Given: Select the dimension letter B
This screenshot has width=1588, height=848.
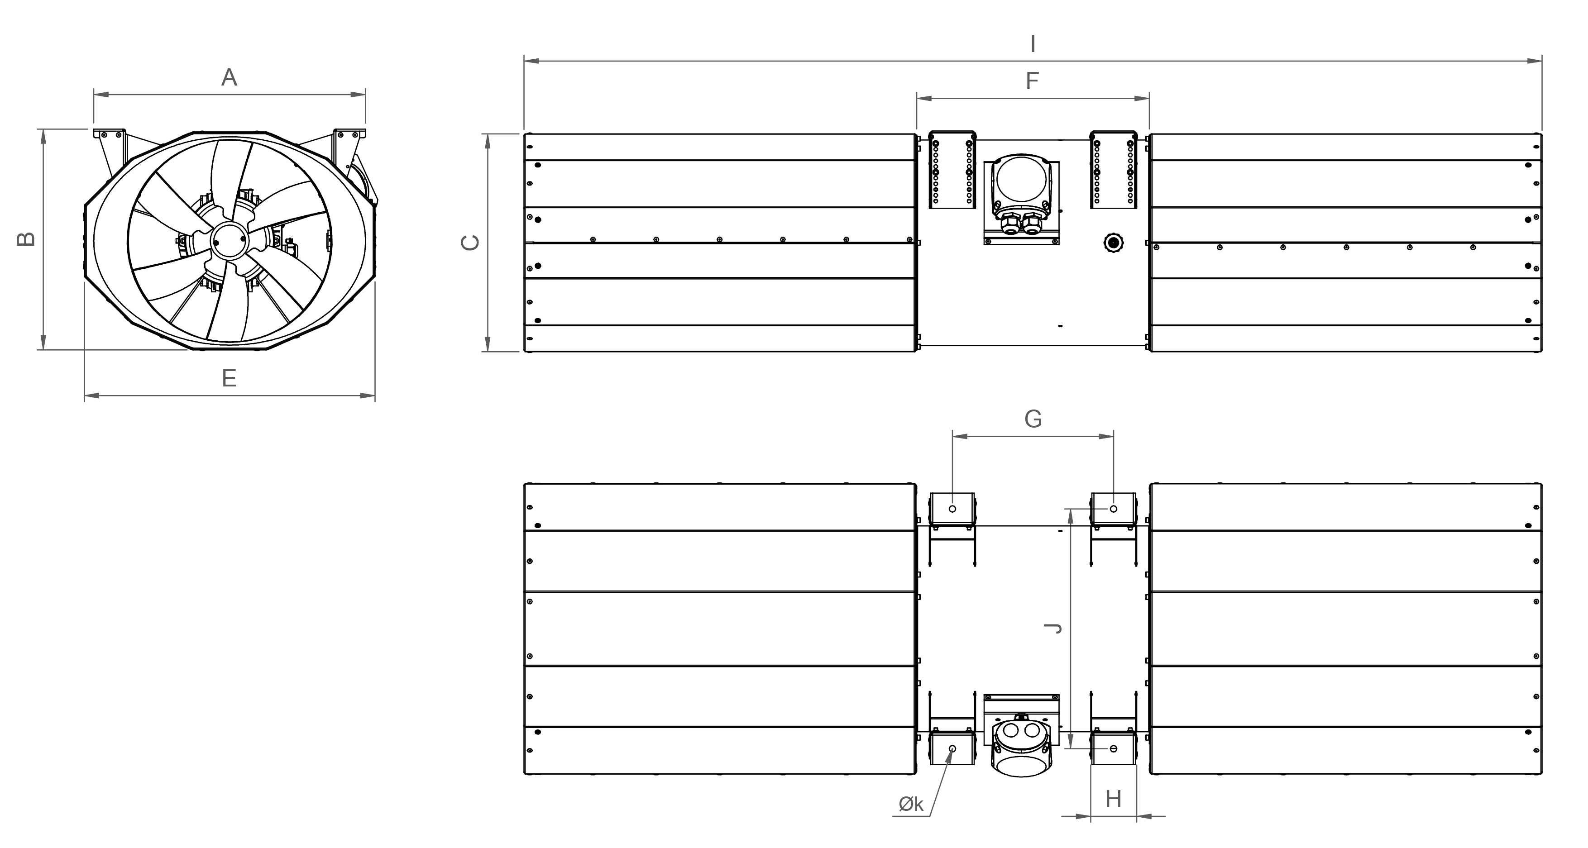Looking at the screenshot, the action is tap(25, 239).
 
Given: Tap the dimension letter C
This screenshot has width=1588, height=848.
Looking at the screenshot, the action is tap(470, 243).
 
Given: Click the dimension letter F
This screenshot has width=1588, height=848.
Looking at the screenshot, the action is tap(1032, 81).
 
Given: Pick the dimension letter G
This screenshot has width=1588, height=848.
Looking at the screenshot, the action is tap(1033, 419).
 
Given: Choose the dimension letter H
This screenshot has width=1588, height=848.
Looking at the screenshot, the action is tap(1113, 799).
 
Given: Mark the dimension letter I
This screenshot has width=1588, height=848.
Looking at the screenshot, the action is tap(1033, 44).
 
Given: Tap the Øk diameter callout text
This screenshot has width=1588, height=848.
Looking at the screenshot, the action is tap(911, 804).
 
